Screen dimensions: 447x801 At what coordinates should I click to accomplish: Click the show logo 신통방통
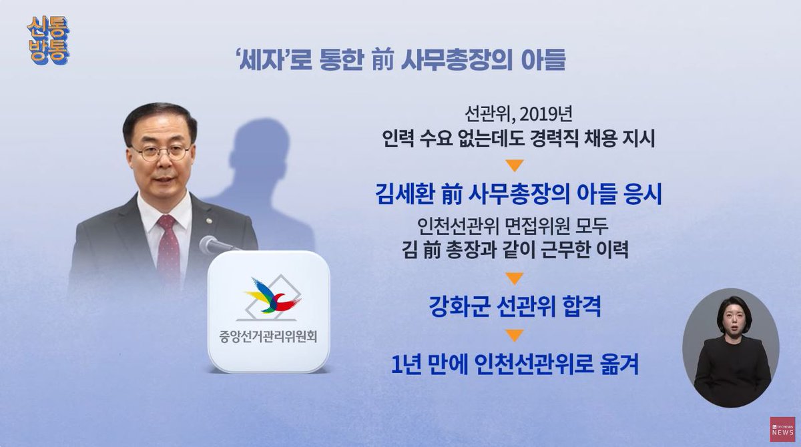(47, 41)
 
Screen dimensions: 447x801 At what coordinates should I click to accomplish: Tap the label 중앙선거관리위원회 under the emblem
(268, 336)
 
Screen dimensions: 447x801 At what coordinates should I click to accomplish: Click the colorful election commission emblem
(270, 295)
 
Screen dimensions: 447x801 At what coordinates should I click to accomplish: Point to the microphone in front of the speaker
(214, 245)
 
